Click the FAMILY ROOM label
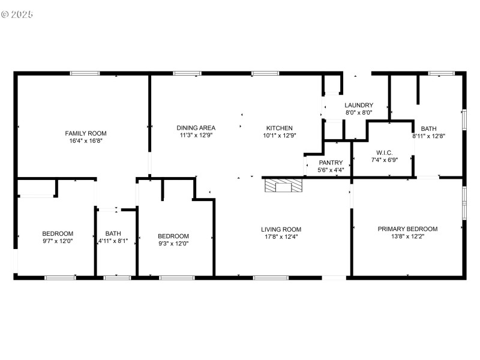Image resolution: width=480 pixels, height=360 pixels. (82, 133)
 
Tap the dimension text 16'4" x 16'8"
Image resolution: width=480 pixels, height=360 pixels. (82, 142)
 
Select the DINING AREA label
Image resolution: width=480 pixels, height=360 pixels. (196, 128)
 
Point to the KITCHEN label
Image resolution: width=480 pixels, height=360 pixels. (279, 128)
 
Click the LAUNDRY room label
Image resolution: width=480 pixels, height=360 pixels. (359, 105)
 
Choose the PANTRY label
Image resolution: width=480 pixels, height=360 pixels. (331, 163)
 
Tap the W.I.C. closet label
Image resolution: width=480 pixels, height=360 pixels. (384, 152)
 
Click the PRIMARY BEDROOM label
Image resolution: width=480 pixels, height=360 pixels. (407, 229)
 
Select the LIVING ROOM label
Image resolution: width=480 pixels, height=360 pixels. (281, 229)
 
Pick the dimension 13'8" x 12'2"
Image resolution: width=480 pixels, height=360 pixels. (407, 237)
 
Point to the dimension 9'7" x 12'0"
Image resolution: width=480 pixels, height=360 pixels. (58, 242)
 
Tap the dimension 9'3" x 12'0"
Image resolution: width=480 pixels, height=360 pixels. (173, 244)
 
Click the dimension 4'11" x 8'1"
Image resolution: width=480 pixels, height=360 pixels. (113, 242)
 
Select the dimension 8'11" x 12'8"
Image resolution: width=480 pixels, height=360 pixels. (428, 136)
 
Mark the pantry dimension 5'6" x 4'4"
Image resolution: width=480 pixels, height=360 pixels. (331, 170)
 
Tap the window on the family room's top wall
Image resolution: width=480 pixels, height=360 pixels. (85, 73)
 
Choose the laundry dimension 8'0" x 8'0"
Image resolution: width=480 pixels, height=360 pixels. (359, 113)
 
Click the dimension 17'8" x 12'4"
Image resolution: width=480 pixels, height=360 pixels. (281, 237)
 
